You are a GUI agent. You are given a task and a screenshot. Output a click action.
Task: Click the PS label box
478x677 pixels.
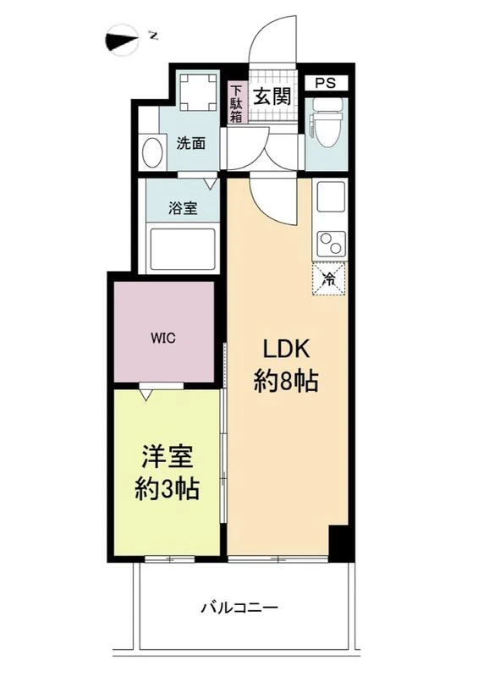(326, 83)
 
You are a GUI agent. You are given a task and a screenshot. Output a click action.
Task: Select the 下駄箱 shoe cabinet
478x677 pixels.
(236, 103)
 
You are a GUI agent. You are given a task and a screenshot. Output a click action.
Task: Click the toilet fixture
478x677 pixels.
(327, 124)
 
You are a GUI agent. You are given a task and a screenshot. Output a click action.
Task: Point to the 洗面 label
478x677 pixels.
(190, 143)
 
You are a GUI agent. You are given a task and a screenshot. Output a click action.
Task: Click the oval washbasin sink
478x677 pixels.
(152, 151)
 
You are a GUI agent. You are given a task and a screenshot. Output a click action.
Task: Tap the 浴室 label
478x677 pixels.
(183, 208)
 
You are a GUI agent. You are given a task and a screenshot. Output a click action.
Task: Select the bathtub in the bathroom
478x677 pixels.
(182, 248)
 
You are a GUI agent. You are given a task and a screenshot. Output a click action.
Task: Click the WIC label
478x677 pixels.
(163, 338)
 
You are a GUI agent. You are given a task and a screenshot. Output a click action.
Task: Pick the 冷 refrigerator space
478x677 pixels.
(329, 278)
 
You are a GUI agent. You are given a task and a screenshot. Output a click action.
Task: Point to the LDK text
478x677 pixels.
(286, 349)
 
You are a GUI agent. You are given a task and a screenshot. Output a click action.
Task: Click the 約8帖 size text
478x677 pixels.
(286, 382)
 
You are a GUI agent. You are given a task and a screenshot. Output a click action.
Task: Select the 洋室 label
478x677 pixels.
(168, 457)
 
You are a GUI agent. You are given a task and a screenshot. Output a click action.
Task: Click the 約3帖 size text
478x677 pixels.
(167, 489)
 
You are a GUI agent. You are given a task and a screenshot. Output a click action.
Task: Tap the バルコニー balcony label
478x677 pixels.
(239, 608)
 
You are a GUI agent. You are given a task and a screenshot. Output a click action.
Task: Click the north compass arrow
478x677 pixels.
(122, 40)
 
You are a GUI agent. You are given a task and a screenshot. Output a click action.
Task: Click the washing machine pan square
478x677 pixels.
(198, 92)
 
